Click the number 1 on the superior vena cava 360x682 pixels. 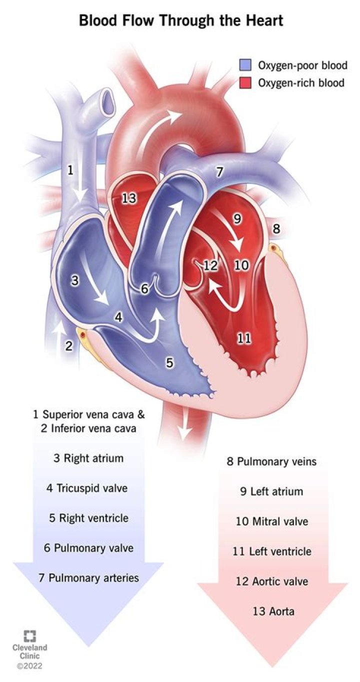pyautogui.click(x=70, y=170)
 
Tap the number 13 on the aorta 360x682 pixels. pyautogui.click(x=129, y=198)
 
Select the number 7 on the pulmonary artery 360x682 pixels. pyautogui.click(x=219, y=171)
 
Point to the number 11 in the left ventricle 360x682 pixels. pyautogui.click(x=244, y=338)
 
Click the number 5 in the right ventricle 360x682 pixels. pyautogui.click(x=170, y=363)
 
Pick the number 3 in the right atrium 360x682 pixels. pyautogui.click(x=74, y=281)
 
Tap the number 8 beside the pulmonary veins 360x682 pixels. pyautogui.click(x=276, y=229)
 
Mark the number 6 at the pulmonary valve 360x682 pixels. pyautogui.click(x=144, y=288)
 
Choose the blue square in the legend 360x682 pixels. pyautogui.click(x=245, y=65)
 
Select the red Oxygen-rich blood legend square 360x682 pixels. pyautogui.click(x=245, y=82)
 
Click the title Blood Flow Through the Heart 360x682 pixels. pyautogui.click(x=180, y=20)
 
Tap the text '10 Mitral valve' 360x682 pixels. pyautogui.click(x=272, y=521)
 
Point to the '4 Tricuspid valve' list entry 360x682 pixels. pyautogui.click(x=87, y=488)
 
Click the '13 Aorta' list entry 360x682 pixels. pyautogui.click(x=272, y=611)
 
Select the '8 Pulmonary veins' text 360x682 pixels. pyautogui.click(x=272, y=461)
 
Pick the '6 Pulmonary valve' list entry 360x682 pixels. pyautogui.click(x=88, y=547)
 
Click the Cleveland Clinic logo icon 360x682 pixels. pyautogui.click(x=30, y=636)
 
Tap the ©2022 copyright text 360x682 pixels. pyautogui.click(x=29, y=666)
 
